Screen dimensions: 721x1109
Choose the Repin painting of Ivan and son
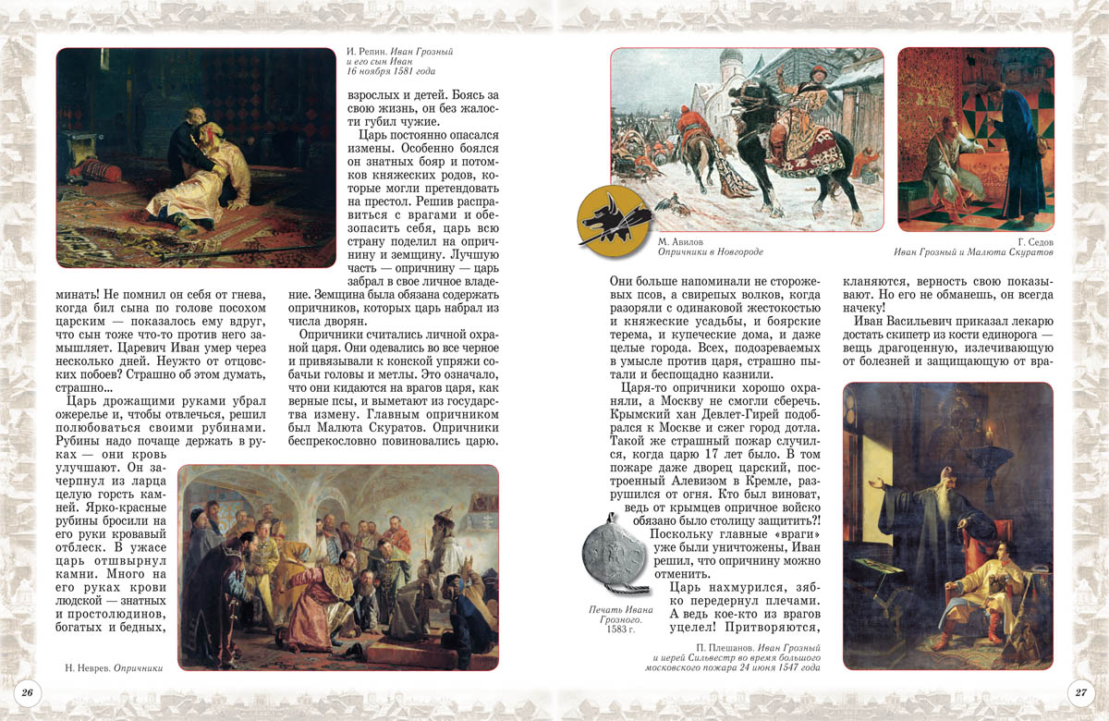coord(196,157)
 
